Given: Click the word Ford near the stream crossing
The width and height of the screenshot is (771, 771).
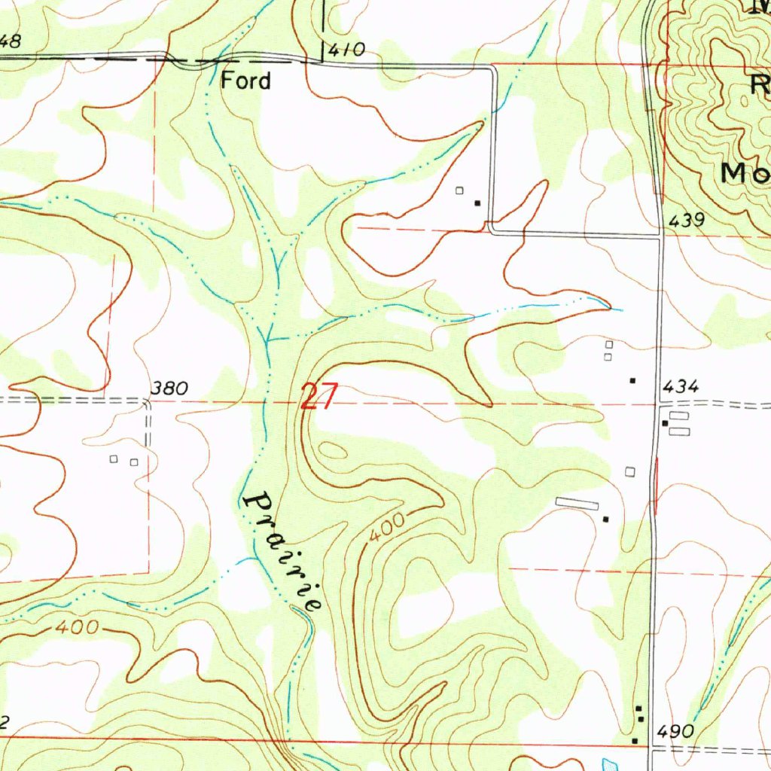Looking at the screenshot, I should tap(245, 81).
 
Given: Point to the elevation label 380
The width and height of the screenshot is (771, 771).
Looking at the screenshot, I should tap(169, 389).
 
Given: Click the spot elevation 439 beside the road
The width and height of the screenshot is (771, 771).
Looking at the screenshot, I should tap(687, 221).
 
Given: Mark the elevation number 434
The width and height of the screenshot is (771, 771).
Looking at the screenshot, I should tap(681, 387).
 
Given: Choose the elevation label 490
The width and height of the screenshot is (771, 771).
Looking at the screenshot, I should tap(675, 731).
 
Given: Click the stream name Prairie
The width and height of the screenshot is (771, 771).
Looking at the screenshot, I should tap(284, 550).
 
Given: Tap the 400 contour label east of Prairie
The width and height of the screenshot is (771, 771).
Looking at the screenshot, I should tap(387, 527).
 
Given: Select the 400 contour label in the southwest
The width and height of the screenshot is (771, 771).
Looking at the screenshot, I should tap(75, 627).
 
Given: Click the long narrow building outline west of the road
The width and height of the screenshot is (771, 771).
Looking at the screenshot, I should tap(577, 504).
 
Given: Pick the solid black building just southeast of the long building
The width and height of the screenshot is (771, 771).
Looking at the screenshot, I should tap(605, 519).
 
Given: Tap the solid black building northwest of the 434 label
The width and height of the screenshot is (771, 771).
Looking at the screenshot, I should tap(632, 380).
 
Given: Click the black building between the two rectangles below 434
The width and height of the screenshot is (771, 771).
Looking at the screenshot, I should tap(664, 423).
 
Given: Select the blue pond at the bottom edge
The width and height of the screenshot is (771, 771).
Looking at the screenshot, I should tap(610, 763).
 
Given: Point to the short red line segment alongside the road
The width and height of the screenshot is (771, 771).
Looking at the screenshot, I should tap(657, 486).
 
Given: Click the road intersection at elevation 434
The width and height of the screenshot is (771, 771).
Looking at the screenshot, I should tap(658, 404).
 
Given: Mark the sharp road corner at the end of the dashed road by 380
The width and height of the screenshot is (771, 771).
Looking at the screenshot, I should tap(148, 402).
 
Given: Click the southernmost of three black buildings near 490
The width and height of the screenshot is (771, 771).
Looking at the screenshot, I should tap(635, 741).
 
